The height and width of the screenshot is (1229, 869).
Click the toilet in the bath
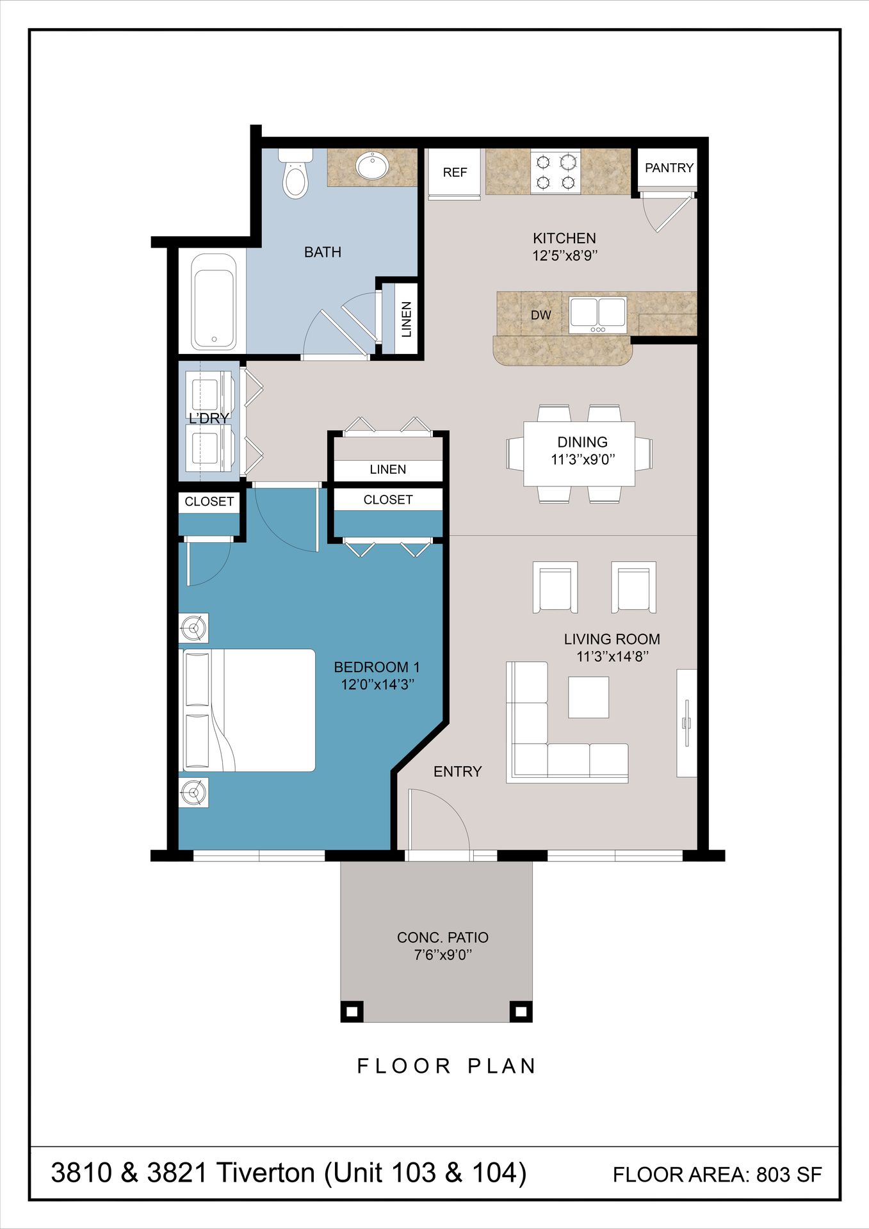click(x=295, y=176)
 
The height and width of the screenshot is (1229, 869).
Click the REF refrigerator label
click(x=455, y=172)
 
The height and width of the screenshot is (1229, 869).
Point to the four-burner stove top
click(x=555, y=172)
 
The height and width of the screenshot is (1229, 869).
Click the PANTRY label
click(x=669, y=168)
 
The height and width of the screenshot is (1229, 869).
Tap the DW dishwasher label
click(x=540, y=315)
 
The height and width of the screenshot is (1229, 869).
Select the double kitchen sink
click(x=598, y=314)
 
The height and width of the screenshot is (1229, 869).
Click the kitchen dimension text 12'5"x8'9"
click(x=564, y=255)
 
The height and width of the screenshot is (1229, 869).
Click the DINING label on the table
click(x=582, y=442)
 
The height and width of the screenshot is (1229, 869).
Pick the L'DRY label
click(x=209, y=418)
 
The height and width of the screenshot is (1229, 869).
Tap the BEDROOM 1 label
click(x=377, y=667)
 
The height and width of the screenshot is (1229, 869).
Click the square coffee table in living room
click(x=589, y=697)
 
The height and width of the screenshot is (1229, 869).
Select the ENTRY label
click(x=457, y=771)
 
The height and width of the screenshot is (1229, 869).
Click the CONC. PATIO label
click(x=443, y=937)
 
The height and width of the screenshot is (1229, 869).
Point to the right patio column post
click(x=521, y=1012)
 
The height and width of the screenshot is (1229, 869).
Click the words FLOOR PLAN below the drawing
click(x=446, y=1066)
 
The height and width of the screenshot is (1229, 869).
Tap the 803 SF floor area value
click(x=788, y=1175)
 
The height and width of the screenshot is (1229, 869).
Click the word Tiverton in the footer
click(x=266, y=1173)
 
